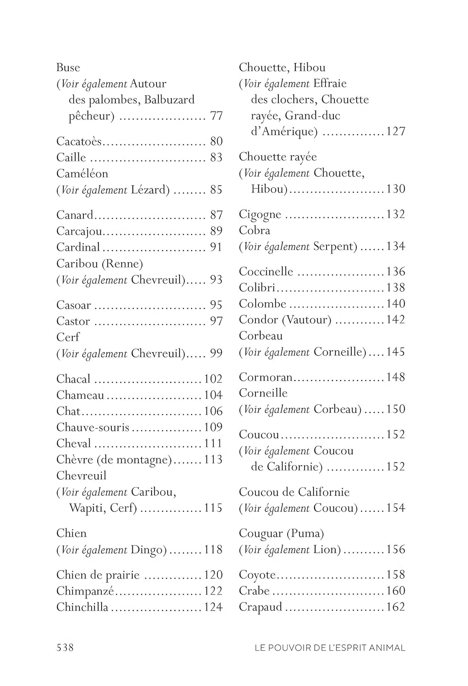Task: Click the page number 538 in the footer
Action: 65,647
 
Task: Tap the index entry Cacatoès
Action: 79,141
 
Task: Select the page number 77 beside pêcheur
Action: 216,116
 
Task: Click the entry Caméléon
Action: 82,174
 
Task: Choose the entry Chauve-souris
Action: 93,427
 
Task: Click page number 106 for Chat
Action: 213,411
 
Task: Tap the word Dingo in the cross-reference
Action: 148,549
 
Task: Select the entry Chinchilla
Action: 82,607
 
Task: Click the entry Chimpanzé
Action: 85,591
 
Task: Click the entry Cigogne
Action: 260,214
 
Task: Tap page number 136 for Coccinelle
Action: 396,271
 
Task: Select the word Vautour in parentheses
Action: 306,320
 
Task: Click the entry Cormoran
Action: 265,377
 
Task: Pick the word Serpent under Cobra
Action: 334,247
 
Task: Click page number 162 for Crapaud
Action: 396,607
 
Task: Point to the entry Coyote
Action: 257,575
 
